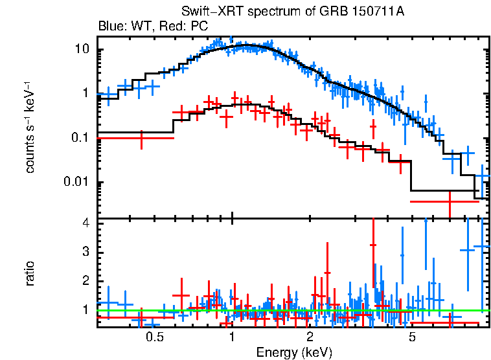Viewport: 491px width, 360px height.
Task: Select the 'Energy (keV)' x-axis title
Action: (x=294, y=352)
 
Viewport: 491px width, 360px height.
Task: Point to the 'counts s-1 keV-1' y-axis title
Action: (x=30, y=127)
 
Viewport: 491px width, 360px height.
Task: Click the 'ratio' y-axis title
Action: (x=30, y=274)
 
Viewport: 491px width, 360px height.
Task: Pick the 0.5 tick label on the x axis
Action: (x=154, y=337)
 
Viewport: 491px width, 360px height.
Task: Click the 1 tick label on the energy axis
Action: (x=232, y=337)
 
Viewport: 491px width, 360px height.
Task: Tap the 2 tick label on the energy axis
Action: (x=310, y=337)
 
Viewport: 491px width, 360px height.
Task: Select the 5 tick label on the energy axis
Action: (x=412, y=337)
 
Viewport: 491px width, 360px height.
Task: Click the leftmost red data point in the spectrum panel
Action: (x=142, y=138)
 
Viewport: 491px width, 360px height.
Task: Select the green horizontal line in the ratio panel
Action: (x=291, y=310)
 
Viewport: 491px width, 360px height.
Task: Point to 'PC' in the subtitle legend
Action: (x=200, y=27)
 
